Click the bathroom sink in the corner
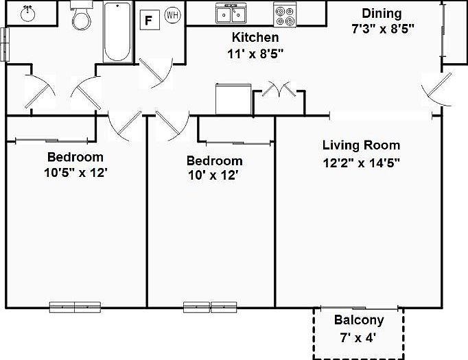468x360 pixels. tap(27, 13)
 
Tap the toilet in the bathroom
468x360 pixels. tap(80, 17)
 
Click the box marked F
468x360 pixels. tap(148, 19)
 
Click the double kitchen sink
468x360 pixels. tap(232, 14)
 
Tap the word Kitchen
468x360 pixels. tap(255, 38)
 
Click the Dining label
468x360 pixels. tap(382, 14)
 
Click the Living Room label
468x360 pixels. tap(361, 145)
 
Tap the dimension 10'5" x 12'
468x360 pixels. tap(75, 172)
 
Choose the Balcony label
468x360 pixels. tap(358, 320)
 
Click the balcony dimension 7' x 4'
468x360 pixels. tap(358, 337)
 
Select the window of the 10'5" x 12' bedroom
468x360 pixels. tap(75, 307)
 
